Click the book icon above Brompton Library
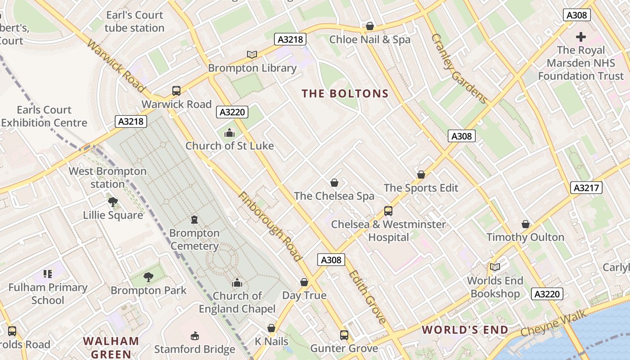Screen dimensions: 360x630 (x=252, y=54)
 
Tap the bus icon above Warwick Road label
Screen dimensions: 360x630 (x=176, y=91)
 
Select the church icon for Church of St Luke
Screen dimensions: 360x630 (x=229, y=133)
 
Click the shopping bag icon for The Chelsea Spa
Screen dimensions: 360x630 (x=334, y=183)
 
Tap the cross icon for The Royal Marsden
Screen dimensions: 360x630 (x=581, y=36)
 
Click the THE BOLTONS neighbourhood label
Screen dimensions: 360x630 (x=345, y=94)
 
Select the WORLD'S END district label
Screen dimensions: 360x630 (x=465, y=330)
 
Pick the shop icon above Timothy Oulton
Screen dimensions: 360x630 (x=525, y=224)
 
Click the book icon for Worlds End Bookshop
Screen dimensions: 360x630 (x=495, y=267)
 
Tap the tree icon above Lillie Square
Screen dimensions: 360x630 (x=113, y=202)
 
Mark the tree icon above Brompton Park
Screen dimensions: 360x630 (x=148, y=277)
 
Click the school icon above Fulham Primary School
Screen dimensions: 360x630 (x=48, y=274)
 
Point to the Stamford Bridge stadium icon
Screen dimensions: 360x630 (x=195, y=336)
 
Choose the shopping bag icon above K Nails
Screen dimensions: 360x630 (x=271, y=328)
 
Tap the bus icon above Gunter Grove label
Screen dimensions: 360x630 (x=344, y=335)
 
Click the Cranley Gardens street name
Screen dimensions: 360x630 (x=459, y=68)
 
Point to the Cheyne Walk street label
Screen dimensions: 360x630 (x=554, y=323)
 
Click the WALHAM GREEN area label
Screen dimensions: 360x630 (x=111, y=347)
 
